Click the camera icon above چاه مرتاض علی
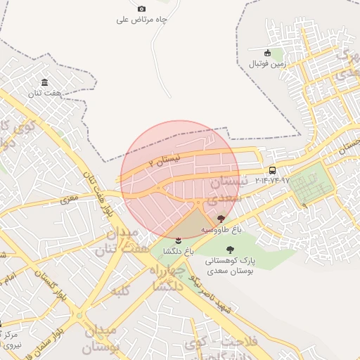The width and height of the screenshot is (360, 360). click(141, 8)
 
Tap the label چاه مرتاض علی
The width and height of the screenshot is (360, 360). click(142, 20)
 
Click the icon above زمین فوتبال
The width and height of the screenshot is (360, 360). click(267, 53)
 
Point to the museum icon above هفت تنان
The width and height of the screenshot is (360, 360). click(45, 82)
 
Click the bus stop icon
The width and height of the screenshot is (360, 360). click(272, 170)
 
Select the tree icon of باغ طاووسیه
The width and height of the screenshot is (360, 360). click(222, 219)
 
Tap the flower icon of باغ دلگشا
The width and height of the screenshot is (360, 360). click(177, 241)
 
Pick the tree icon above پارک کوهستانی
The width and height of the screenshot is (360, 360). click(231, 250)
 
